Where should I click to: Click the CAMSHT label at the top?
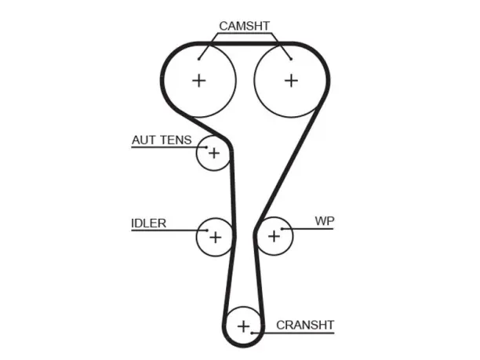(x=244, y=26)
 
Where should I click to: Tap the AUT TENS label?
(x=162, y=140)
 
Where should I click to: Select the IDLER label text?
(x=148, y=224)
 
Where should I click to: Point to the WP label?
(x=325, y=220)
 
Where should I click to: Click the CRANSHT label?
(x=305, y=325)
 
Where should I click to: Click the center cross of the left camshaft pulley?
(x=199, y=81)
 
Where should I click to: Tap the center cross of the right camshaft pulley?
(x=291, y=81)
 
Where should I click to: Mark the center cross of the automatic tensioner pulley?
(x=214, y=153)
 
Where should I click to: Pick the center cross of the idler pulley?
(x=215, y=237)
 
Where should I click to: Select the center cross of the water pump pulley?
(x=274, y=236)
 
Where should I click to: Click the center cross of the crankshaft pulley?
(x=244, y=326)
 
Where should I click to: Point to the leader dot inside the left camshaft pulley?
(x=198, y=59)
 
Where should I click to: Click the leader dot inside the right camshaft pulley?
(x=292, y=59)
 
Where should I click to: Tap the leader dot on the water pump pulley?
(x=282, y=229)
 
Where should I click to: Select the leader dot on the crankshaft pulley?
(x=251, y=333)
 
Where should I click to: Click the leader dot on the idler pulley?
(x=207, y=231)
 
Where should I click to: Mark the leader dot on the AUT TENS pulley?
(x=206, y=147)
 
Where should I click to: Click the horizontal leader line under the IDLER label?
(x=169, y=231)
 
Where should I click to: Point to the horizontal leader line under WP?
(x=307, y=229)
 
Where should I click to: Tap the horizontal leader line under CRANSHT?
(x=293, y=333)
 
